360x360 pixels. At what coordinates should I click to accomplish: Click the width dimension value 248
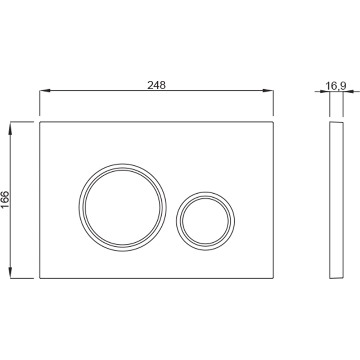tap(156, 85)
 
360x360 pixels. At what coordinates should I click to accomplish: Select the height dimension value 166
tap(5, 200)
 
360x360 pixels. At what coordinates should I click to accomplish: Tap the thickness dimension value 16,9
tap(336, 86)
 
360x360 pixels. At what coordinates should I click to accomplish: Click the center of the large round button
tap(123, 207)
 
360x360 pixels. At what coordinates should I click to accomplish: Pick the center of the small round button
tap(206, 221)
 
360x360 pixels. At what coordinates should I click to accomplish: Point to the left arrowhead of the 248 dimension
tap(45, 90)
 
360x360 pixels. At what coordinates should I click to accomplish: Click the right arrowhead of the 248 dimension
tap(268, 90)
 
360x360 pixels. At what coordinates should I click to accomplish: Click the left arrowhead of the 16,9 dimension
tap(325, 91)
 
